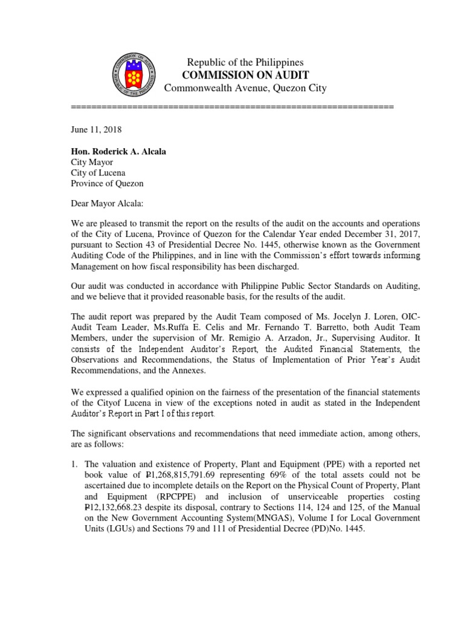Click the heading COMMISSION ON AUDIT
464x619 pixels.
pyautogui.click(x=245, y=75)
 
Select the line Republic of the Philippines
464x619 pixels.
pyautogui.click(x=245, y=62)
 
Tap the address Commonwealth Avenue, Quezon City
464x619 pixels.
pyautogui.click(x=245, y=88)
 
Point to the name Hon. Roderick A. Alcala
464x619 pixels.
pyautogui.click(x=118, y=151)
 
